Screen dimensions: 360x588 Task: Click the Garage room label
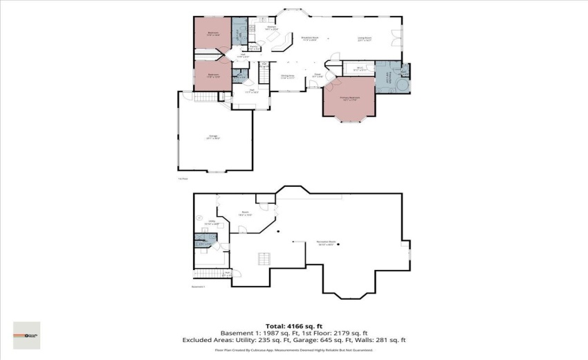212,137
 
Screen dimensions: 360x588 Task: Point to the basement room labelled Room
245,214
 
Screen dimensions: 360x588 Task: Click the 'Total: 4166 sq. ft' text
293,325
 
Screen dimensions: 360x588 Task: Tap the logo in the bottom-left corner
26,335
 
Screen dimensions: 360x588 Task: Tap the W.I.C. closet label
356,69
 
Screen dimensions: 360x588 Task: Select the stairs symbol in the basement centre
264,259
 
